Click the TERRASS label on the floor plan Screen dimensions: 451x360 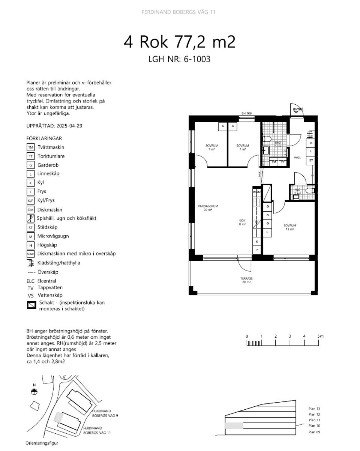[246, 279]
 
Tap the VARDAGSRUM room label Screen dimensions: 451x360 [205, 206]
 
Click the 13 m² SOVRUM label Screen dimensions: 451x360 [289, 225]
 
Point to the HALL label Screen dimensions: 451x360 [297, 158]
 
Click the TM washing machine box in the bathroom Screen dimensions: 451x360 [274, 162]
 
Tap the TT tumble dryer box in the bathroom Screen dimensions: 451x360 [282, 162]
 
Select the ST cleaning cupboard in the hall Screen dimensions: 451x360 [311, 161]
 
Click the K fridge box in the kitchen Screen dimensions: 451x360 [257, 242]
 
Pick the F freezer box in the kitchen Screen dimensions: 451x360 [257, 250]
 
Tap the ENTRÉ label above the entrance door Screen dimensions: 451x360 [298, 110]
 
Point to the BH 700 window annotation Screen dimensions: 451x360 [246, 113]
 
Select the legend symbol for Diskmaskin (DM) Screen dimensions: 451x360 [31, 210]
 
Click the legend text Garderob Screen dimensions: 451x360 [48, 165]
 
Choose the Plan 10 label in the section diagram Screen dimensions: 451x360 [314, 426]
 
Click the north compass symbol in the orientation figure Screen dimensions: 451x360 [34, 391]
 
